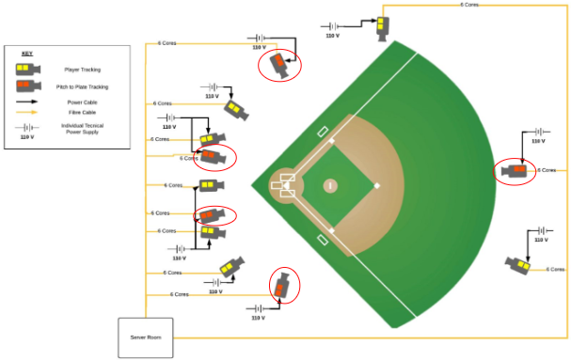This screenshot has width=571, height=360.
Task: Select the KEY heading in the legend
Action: coord(26,54)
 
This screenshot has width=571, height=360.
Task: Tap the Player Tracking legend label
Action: coord(82,70)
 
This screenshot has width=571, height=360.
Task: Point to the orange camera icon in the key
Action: coord(26,86)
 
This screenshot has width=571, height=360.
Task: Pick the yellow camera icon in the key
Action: coord(26,69)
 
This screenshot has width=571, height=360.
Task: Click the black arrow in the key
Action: coord(26,101)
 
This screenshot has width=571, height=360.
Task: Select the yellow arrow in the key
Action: coord(26,111)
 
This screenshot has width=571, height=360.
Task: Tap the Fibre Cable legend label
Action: coord(82,111)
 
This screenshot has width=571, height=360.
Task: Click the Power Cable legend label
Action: coord(82,101)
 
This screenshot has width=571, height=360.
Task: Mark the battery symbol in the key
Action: coord(26,127)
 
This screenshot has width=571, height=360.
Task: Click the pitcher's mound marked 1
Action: coord(330,185)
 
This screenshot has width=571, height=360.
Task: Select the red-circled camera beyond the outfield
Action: coord(515,171)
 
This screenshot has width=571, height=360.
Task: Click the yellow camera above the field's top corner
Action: coord(383,25)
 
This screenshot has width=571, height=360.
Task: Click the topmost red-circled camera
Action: coord(279,64)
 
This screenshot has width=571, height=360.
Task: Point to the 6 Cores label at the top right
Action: coord(469,5)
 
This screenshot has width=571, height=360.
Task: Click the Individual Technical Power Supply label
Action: coord(81,129)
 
